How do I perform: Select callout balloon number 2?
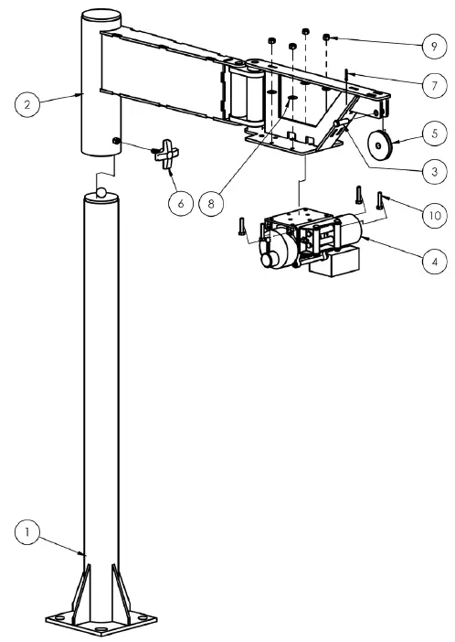(27, 104)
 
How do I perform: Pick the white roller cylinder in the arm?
(249, 94)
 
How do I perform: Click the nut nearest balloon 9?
(326, 37)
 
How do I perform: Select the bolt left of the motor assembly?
(243, 226)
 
